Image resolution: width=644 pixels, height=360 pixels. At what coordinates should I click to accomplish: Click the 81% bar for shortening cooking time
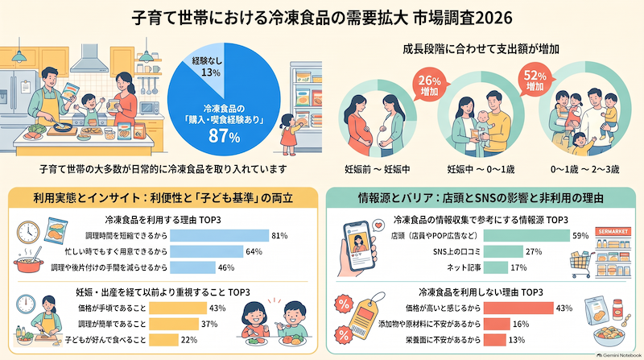219,235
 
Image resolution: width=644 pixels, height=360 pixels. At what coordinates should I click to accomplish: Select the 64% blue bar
207,251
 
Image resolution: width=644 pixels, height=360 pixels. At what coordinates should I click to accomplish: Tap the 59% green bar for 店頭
526,235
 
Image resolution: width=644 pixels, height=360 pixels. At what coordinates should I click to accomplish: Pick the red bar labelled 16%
497,324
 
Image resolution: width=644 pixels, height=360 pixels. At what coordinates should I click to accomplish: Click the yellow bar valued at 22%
163,340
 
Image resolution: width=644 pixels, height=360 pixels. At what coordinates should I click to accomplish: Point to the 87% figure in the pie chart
224,136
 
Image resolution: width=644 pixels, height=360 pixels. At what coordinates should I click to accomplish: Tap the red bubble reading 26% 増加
429,85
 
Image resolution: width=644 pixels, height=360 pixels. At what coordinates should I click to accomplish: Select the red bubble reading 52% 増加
535,79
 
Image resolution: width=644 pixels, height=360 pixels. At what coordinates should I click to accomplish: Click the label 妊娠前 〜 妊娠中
377,169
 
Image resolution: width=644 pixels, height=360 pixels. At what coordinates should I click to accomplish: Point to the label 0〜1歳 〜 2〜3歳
585,169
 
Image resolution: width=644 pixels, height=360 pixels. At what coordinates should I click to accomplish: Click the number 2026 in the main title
493,18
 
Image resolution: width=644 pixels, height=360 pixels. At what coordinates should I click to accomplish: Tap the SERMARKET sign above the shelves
613,232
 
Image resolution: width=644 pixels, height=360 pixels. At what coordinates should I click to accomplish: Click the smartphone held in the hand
359,246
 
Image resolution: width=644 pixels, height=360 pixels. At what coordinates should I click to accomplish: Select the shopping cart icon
582,264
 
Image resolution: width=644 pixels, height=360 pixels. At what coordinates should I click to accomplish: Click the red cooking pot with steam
29,263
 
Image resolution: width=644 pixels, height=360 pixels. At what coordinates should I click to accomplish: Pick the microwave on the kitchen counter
150,108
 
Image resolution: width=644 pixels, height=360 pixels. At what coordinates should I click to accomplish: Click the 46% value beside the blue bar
226,267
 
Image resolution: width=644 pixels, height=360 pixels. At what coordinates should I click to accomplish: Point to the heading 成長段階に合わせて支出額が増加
481,49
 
